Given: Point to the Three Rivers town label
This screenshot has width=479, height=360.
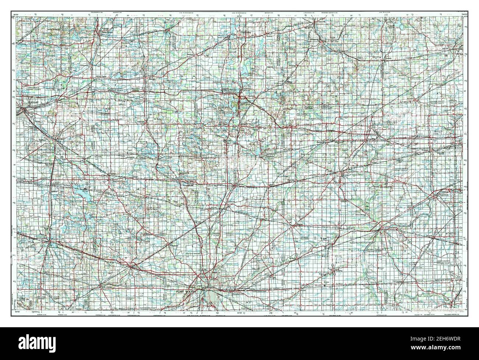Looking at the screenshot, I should click(x=106, y=32).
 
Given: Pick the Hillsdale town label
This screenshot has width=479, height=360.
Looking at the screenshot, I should click(x=315, y=39).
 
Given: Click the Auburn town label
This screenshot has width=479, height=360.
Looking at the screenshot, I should click(x=231, y=202).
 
